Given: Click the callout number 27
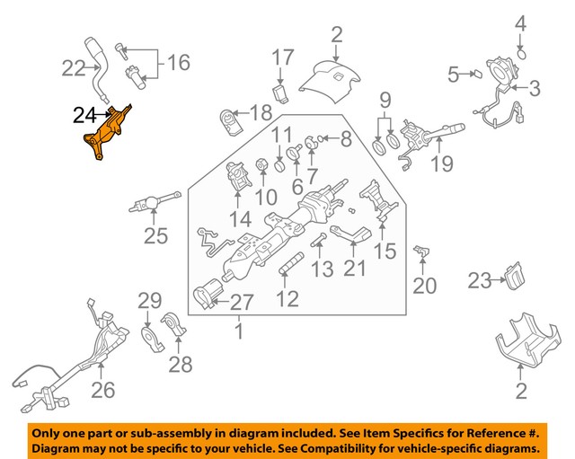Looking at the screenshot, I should [243, 303].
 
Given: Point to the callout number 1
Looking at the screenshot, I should [239, 331].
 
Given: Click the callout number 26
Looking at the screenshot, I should [103, 388].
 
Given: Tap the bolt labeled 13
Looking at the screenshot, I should [319, 242].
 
